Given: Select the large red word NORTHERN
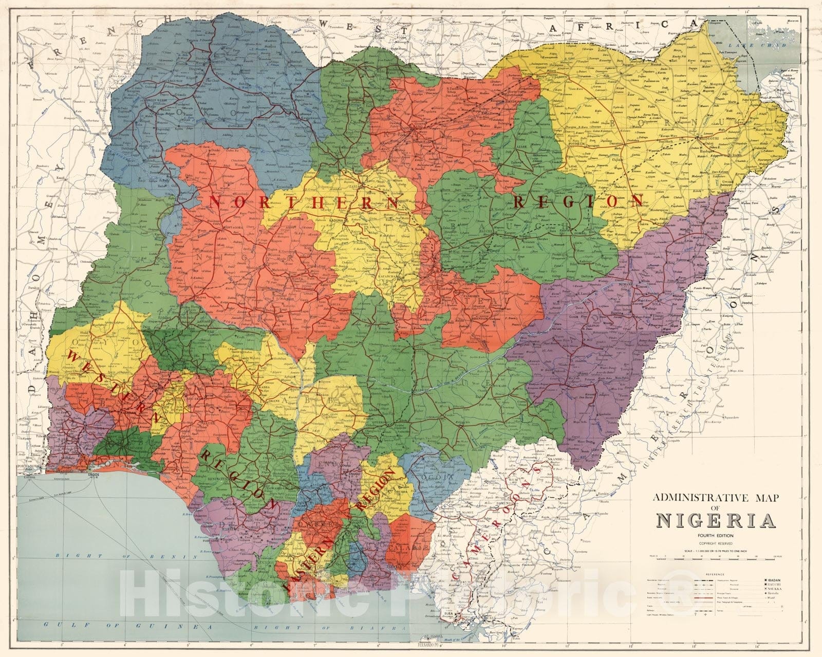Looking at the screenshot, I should click(x=303, y=202).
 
